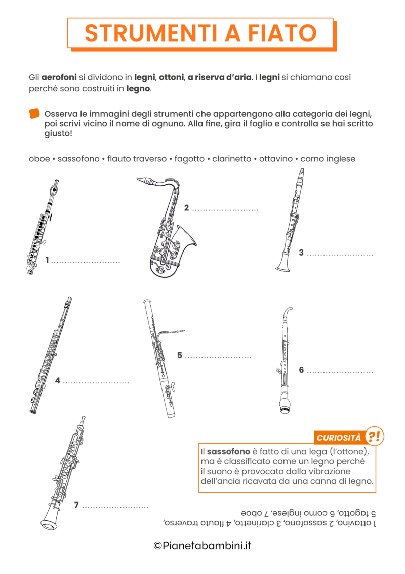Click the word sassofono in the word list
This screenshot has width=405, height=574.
(x=78, y=159)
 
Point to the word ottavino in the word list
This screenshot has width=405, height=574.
(x=276, y=159)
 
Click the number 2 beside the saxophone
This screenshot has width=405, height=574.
(x=186, y=208)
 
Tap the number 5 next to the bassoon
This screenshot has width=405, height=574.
(x=180, y=355)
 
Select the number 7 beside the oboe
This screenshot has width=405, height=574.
(x=76, y=505)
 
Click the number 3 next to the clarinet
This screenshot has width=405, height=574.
(x=301, y=253)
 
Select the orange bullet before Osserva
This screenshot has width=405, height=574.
(x=34, y=113)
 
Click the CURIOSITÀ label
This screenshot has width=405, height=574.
(x=339, y=437)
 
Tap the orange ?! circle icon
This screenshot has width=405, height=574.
(x=374, y=436)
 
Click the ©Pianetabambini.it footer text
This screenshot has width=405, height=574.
(x=202, y=546)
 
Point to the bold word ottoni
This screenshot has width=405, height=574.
(x=171, y=77)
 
